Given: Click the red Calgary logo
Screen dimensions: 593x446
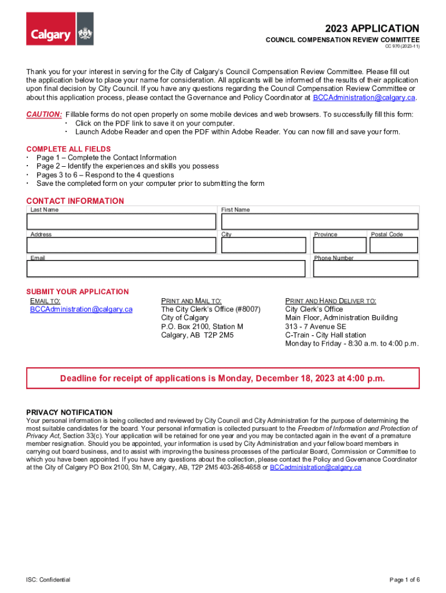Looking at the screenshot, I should coord(50,28).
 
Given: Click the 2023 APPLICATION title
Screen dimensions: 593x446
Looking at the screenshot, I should coord(372,28).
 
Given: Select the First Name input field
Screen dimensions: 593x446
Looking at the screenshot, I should coord(319,222).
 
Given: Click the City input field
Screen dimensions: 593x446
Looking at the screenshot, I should coord(264,246).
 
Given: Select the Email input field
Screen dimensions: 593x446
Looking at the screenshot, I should coord(166,269).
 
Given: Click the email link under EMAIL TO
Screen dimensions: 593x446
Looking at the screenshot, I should coord(81,309).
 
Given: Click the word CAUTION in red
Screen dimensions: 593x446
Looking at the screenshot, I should coord(44,115).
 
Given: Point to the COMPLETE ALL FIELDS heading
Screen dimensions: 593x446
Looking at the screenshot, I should coord(68,149).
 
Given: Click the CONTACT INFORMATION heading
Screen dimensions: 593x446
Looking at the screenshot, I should coord(75,201).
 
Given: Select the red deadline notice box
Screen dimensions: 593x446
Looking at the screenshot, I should coord(222,378).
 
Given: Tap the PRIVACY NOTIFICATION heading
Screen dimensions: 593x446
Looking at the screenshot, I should coord(70,412).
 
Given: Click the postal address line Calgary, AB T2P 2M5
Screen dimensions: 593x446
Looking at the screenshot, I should coord(197,335).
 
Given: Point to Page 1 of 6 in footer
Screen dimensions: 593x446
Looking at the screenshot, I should coord(404,580).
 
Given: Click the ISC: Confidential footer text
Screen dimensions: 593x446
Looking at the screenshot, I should coord(48,580).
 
